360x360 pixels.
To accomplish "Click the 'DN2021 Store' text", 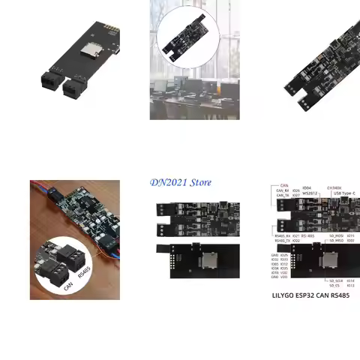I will [x=181, y=182].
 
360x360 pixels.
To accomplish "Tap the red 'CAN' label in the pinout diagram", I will [x=284, y=184].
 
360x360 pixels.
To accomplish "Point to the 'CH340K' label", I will [x=334, y=187].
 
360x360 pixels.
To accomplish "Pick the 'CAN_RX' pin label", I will [x=283, y=190].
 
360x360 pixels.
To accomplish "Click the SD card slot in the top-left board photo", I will [x=93, y=49].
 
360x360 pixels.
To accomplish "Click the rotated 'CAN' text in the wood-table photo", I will [x=68, y=284].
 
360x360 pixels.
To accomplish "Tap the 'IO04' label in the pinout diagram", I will [x=307, y=188].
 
